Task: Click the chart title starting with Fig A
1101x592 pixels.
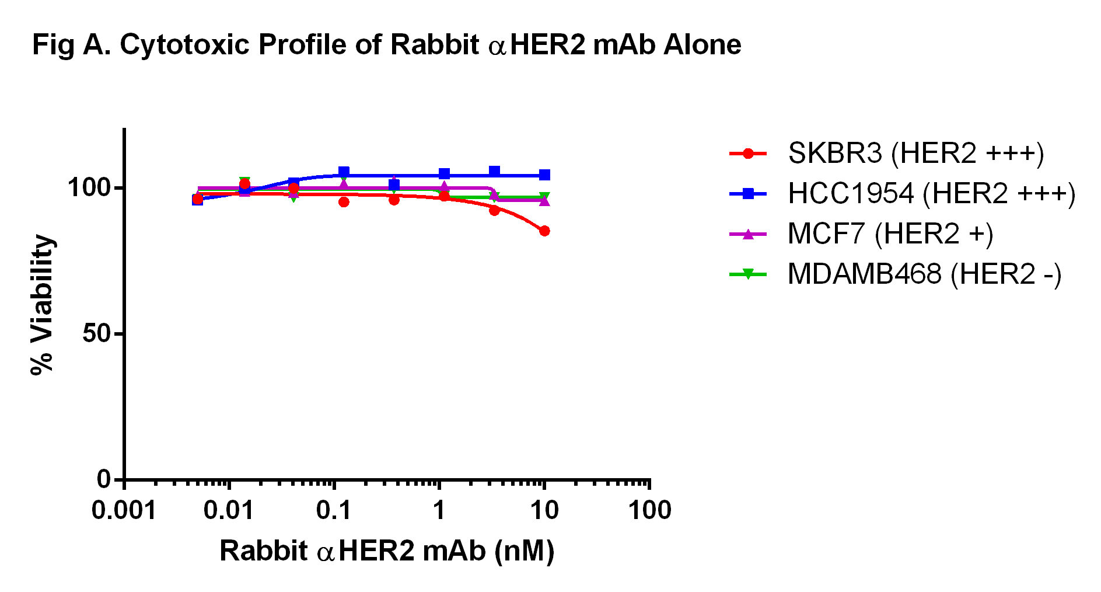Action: click(386, 45)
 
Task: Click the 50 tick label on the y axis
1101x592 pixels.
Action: click(96, 334)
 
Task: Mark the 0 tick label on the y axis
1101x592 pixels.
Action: click(103, 479)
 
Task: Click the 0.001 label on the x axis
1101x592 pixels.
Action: click(124, 511)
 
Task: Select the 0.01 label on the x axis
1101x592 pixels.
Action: click(228, 511)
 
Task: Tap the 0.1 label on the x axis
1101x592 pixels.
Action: click(334, 511)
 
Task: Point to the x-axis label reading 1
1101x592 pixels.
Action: click(439, 511)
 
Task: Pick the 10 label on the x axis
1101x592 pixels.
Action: click(544, 511)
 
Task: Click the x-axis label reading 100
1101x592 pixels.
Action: click(649, 511)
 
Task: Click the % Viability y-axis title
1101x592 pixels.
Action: click(42, 305)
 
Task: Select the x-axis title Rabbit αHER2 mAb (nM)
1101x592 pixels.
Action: click(386, 551)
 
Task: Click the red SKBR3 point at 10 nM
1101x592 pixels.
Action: click(544, 231)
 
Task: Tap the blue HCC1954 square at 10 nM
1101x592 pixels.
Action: click(544, 175)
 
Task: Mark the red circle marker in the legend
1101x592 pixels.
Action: click(748, 154)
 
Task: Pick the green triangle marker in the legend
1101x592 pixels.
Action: click(748, 274)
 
